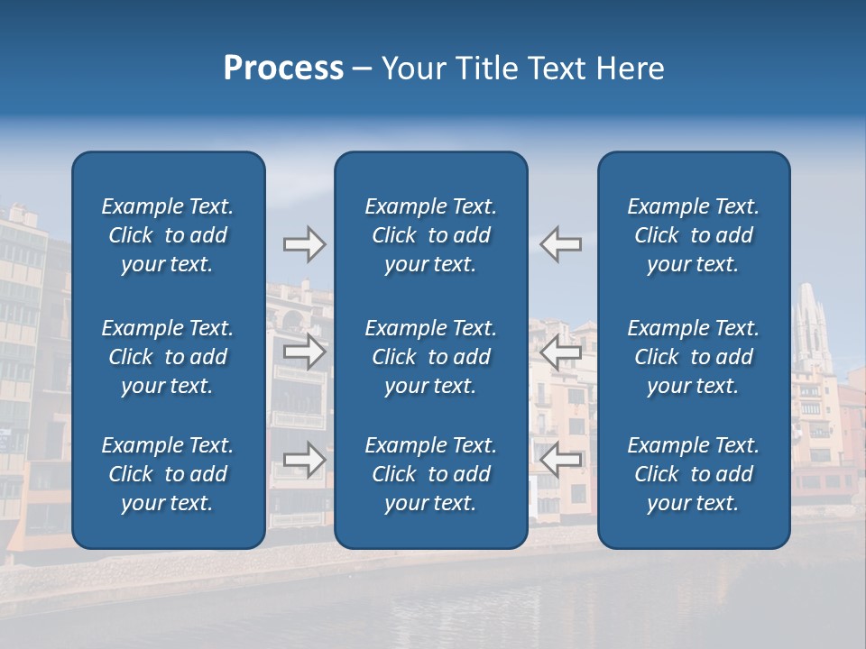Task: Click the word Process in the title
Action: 283,69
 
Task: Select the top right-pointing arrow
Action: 305,244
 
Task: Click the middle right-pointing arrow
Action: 305,352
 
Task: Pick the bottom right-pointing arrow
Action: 305,460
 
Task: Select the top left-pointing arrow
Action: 560,244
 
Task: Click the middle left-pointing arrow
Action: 560,352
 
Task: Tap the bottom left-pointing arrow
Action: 560,460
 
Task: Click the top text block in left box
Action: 168,235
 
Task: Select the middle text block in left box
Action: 168,357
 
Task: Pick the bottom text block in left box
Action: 168,474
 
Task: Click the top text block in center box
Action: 430,235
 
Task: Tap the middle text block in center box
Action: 430,357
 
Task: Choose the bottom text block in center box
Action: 430,474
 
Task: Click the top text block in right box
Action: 693,235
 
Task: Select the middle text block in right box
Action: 693,357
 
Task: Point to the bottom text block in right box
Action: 693,474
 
